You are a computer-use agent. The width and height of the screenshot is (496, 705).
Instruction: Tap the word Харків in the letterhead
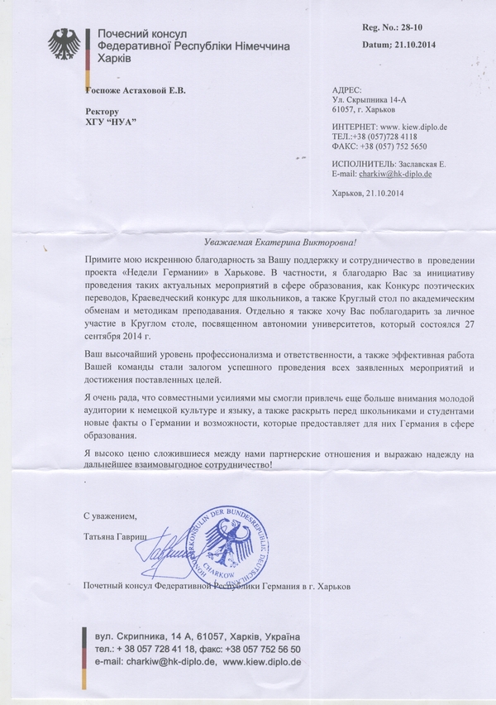tap(116, 60)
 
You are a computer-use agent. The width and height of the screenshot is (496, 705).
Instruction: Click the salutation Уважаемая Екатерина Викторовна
tap(280, 242)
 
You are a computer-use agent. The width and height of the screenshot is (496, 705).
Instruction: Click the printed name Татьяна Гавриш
tap(115, 536)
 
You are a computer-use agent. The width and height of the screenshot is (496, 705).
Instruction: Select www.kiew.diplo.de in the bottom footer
tap(263, 662)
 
